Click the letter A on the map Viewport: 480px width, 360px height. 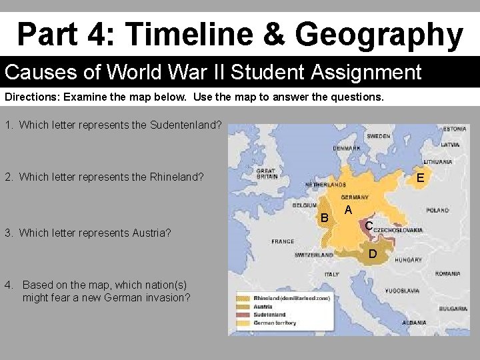point(347,211)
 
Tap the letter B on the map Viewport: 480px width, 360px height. point(325,218)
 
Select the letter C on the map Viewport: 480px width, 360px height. point(369,227)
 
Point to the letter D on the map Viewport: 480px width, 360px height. point(373,255)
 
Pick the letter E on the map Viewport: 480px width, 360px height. point(420,178)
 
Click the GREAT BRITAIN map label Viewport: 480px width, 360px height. point(266,173)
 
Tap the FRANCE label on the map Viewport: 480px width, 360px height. point(283,241)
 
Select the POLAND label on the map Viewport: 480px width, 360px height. point(437,210)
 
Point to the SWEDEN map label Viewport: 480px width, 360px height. point(379,135)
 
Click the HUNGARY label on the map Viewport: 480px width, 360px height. point(408,260)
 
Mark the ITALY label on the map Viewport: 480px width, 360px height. point(331,274)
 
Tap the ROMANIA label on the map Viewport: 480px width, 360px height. point(447,274)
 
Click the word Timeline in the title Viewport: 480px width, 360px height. point(182,34)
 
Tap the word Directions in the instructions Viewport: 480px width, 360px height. point(31,97)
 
